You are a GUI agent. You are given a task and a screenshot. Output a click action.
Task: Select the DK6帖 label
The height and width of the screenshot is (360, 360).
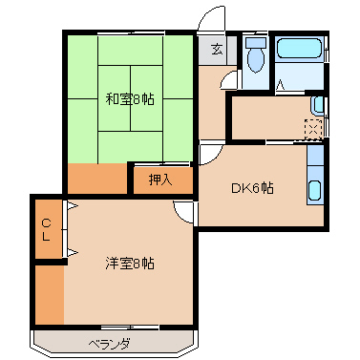pos(252,188)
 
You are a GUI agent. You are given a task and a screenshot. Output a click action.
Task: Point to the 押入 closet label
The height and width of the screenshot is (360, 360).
pos(161,180)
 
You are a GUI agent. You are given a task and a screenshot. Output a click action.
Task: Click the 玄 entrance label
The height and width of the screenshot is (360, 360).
pos(218,50)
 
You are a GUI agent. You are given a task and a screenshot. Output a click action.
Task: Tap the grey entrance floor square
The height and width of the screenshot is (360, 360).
pos(211,50)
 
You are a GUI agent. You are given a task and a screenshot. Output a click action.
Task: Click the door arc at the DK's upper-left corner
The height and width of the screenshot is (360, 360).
pos(211,153)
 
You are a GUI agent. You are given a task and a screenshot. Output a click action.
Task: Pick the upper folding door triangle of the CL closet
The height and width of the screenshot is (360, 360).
pos(72,207)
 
